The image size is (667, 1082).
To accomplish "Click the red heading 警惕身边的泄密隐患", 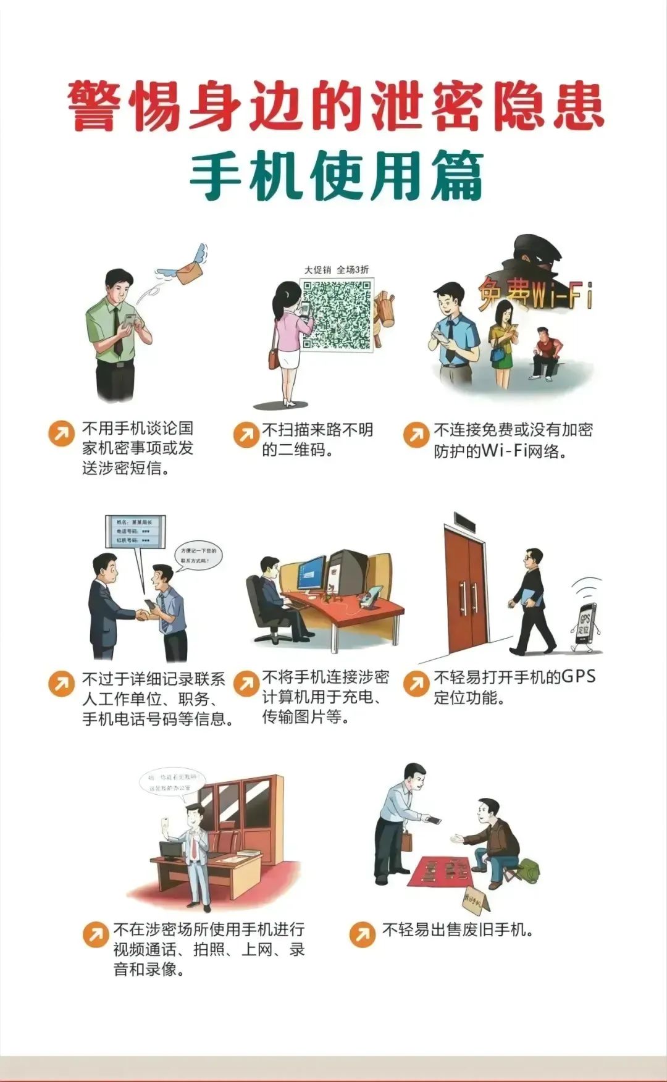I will tap(335, 106).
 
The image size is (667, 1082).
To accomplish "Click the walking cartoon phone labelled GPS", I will tap(584, 625).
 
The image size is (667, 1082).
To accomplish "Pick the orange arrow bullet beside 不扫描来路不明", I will tap(246, 434).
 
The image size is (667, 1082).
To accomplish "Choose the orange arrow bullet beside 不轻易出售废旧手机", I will tap(362, 934).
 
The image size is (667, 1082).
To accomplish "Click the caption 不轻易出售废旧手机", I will tap(458, 930).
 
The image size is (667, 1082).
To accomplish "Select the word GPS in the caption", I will tap(578, 676).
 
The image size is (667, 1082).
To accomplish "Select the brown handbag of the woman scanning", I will tap(274, 358).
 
